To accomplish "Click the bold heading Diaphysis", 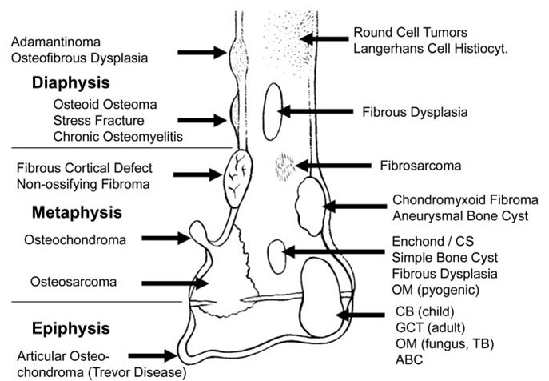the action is [x=71, y=82].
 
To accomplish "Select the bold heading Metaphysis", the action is [x=77, y=213].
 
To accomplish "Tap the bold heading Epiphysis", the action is [x=71, y=329].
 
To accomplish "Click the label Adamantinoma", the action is [x=56, y=42].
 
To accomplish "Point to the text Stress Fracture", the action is [x=99, y=121].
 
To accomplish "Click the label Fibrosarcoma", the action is [x=420, y=166].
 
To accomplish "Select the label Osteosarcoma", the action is [x=74, y=282].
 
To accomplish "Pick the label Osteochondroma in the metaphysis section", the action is [x=75, y=240].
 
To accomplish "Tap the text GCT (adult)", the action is [x=430, y=327].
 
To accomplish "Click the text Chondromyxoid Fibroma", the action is [x=465, y=199].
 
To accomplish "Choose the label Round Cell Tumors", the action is [x=410, y=32].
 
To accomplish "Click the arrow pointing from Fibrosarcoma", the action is [x=333, y=165].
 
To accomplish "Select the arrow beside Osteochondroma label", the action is [x=165, y=239].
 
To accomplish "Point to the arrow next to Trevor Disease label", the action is [x=153, y=355].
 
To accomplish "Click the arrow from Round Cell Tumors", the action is [x=324, y=38].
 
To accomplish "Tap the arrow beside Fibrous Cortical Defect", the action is [x=198, y=174].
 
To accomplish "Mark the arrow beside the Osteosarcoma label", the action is [x=175, y=283].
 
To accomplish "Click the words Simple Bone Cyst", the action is [x=444, y=258].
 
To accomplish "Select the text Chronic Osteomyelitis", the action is [x=118, y=137].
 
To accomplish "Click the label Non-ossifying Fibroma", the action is [x=83, y=184].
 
